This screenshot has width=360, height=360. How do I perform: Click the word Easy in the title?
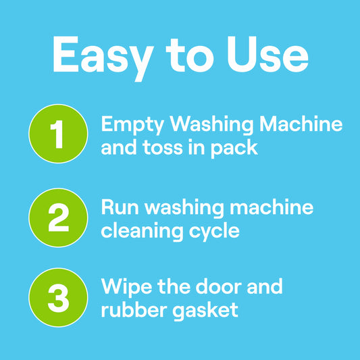(x=103, y=58)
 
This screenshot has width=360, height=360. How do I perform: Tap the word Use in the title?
(x=267, y=54)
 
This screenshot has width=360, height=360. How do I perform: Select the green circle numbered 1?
(x=58, y=134)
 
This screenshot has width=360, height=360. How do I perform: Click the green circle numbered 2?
(x=58, y=217)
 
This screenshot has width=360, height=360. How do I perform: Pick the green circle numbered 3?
(x=58, y=297)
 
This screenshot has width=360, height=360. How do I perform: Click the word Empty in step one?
(x=132, y=126)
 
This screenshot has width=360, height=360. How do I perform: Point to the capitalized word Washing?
(x=211, y=126)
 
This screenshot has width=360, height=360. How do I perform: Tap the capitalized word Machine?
(x=301, y=124)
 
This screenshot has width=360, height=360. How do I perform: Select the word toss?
(x=163, y=147)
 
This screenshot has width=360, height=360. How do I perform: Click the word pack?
(x=234, y=149)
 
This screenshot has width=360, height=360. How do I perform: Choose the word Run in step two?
(x=120, y=207)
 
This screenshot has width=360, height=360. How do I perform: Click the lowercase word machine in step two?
(x=272, y=207)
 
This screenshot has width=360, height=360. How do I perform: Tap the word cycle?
(x=214, y=232)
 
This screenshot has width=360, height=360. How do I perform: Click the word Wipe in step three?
(x=126, y=288)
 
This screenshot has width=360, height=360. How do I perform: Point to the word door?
(x=219, y=286)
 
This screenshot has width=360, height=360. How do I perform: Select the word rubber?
(x=134, y=310)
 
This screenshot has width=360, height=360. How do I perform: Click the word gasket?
(x=205, y=311)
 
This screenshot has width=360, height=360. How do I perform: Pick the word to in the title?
(x=190, y=55)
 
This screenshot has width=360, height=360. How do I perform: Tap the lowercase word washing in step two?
(x=184, y=209)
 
